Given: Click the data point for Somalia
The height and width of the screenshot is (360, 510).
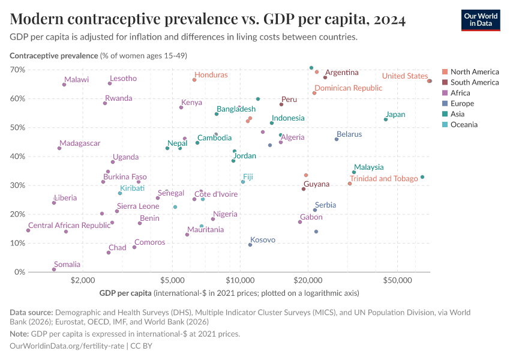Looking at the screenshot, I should [x=54, y=269].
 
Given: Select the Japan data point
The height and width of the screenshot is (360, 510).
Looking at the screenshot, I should [x=386, y=119].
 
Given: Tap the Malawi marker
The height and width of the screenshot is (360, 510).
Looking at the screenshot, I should [x=64, y=85].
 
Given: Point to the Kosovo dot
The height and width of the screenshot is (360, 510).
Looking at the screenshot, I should [x=250, y=245].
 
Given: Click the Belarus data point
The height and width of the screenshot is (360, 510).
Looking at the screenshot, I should [x=337, y=139].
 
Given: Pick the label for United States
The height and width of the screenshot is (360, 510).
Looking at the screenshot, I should [x=404, y=76].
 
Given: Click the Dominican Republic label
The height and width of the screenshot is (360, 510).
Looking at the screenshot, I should [x=348, y=88].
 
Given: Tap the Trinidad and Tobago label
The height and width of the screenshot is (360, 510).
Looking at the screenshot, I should [x=383, y=179].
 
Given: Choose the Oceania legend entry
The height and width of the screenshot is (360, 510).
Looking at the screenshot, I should [x=464, y=125].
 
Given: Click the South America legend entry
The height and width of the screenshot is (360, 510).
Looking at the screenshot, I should [x=474, y=82].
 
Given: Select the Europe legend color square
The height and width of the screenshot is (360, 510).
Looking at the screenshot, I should [x=444, y=104].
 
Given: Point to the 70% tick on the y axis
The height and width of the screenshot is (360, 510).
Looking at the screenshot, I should [x=17, y=70].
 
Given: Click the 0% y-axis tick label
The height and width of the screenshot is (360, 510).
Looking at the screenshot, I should [x=19, y=272].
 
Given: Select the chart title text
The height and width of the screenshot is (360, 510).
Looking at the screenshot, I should [x=208, y=20].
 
